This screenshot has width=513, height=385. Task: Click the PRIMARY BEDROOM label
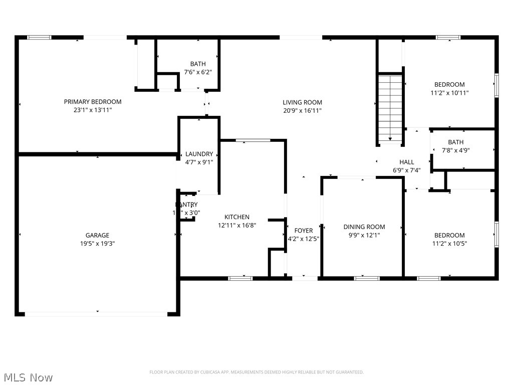click(x=93, y=102)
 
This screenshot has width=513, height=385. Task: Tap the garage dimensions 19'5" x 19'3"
click(x=97, y=244)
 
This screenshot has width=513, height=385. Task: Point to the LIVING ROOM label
click(x=302, y=102)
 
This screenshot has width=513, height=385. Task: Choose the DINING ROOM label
click(x=364, y=227)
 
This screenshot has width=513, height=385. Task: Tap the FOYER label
click(x=304, y=231)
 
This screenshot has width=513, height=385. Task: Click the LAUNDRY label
click(x=199, y=154)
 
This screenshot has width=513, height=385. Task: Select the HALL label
click(x=407, y=162)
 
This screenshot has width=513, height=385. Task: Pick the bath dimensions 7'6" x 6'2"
click(x=198, y=72)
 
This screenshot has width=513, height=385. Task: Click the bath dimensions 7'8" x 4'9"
click(x=456, y=150)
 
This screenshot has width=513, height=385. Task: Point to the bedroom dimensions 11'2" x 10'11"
click(x=449, y=93)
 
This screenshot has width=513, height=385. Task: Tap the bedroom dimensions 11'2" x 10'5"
click(x=449, y=244)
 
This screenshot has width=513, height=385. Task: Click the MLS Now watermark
click(x=28, y=377)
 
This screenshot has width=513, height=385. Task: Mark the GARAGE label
click(x=97, y=235)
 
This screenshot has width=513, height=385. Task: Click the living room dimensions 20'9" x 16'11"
click(x=302, y=111)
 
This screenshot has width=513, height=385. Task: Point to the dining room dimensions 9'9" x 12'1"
click(x=364, y=235)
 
